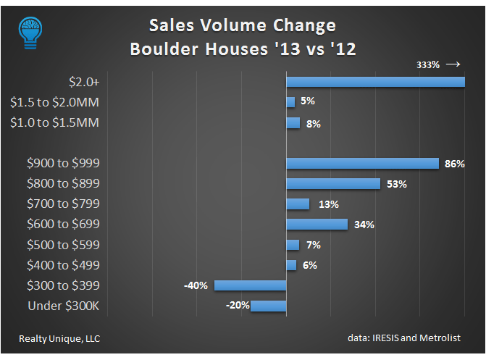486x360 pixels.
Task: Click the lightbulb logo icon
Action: [30, 31]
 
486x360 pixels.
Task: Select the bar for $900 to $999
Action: [362, 164]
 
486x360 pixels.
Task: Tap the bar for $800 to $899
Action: [333, 184]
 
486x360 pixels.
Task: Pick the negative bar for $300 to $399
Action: [250, 285]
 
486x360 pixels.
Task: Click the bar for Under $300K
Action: [268, 306]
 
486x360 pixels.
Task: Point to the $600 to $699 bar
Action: [317, 225]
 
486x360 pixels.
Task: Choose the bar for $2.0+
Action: [375, 82]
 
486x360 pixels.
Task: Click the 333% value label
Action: [428, 65]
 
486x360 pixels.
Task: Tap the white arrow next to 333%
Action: [453, 64]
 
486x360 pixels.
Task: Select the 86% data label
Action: [454, 164]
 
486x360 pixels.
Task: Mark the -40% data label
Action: [196, 285]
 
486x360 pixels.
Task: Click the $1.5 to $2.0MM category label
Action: [55, 103]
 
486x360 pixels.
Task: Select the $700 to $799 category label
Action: [63, 204]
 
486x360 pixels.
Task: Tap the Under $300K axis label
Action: [63, 306]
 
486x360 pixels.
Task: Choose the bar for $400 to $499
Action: [291, 265]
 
